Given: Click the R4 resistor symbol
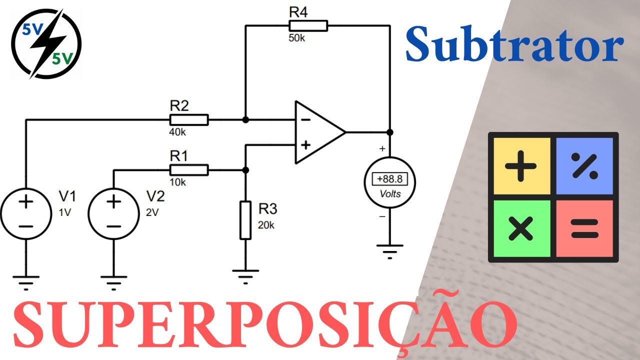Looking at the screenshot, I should [x=308, y=25].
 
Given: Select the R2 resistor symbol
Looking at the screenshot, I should [x=189, y=120].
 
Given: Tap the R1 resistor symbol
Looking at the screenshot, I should [x=189, y=170].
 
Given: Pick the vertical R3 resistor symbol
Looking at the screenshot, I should [x=245, y=220].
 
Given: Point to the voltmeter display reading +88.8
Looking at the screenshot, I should [x=390, y=178].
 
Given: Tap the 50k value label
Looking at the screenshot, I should [x=296, y=38].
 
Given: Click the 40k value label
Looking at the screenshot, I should [x=178, y=132].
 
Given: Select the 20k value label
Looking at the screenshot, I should [x=266, y=225].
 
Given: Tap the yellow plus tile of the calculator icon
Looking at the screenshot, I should [x=521, y=165].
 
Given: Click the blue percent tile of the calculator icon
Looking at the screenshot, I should [x=584, y=165].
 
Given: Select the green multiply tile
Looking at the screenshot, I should [x=521, y=229].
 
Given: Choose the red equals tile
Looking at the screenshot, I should [x=584, y=229].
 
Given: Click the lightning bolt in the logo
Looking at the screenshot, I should [x=45, y=44].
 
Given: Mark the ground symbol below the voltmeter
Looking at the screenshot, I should [x=390, y=250].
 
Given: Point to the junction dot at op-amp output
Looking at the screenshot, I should [x=390, y=132].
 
